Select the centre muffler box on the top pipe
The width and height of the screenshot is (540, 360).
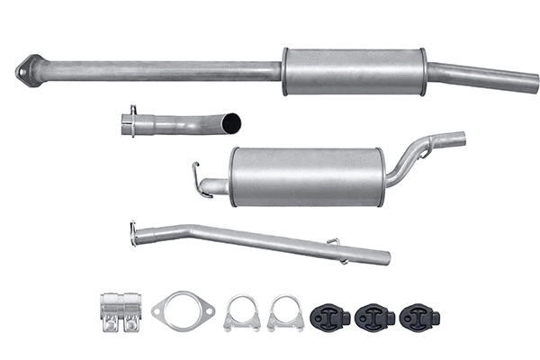pos(354,71)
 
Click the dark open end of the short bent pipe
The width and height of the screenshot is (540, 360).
pos(233,121)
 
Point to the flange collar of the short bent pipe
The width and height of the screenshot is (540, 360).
pos(132,122)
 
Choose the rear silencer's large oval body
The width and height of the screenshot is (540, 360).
pos(307,176)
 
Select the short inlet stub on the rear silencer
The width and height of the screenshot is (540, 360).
pos(214,187)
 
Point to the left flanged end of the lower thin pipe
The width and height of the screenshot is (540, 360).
pos(135,233)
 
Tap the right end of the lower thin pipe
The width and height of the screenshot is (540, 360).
pos(385,257)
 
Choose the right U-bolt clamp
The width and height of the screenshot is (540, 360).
pos(283,313)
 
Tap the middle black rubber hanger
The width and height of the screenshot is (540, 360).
pos(373,318)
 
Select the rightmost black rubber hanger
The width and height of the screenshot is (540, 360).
pos(419,318)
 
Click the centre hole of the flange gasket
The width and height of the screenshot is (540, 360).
pos(184,310)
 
